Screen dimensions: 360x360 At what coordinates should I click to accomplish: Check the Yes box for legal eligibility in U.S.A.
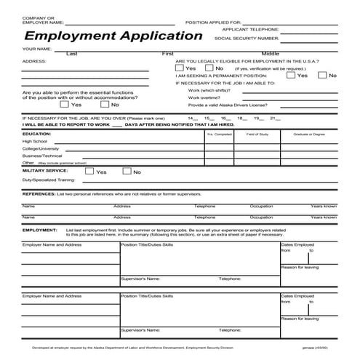tap(180, 68)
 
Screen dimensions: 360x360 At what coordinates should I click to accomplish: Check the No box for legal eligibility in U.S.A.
tap(209, 68)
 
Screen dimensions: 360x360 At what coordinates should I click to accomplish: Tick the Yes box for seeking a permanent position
tap(291, 75)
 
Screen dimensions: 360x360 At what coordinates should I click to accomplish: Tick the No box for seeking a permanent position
tap(322, 75)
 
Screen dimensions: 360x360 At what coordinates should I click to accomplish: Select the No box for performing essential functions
tap(104, 105)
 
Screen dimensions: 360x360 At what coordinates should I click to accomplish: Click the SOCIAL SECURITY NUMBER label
tap(247, 37)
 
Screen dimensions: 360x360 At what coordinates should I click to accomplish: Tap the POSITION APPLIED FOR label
tap(217, 23)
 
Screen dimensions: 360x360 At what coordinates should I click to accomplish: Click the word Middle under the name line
tap(271, 54)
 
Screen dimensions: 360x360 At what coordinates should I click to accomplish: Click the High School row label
tap(34, 142)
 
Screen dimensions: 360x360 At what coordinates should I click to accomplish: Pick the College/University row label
tap(41, 149)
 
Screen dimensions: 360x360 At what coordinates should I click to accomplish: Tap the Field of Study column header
tap(258, 135)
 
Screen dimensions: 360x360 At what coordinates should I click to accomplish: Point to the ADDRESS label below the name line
tap(34, 62)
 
